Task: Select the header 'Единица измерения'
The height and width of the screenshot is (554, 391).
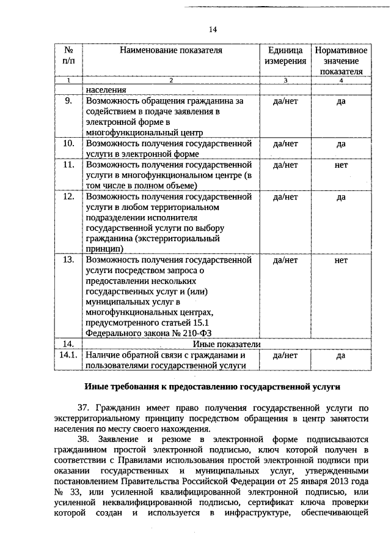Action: tap(285, 56)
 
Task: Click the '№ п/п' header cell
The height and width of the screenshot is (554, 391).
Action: tap(69, 56)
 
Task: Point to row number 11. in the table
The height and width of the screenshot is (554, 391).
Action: tap(69, 165)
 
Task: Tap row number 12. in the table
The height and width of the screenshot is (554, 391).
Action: tap(69, 197)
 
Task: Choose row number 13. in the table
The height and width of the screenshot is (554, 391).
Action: tap(69, 260)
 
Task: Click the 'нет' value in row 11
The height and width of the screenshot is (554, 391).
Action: tap(341, 165)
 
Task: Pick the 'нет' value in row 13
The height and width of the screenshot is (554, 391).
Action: tap(341, 260)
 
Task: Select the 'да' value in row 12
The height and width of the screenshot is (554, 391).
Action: tap(341, 197)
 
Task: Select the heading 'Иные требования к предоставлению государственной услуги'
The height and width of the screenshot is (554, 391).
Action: tap(211, 387)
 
